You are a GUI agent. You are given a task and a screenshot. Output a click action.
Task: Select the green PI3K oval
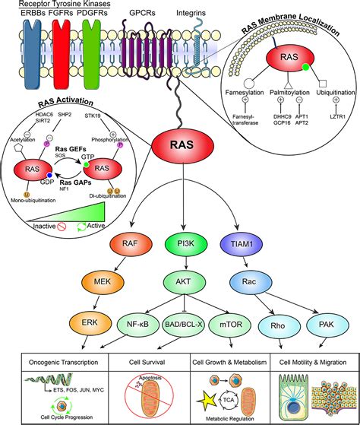[183, 244]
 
